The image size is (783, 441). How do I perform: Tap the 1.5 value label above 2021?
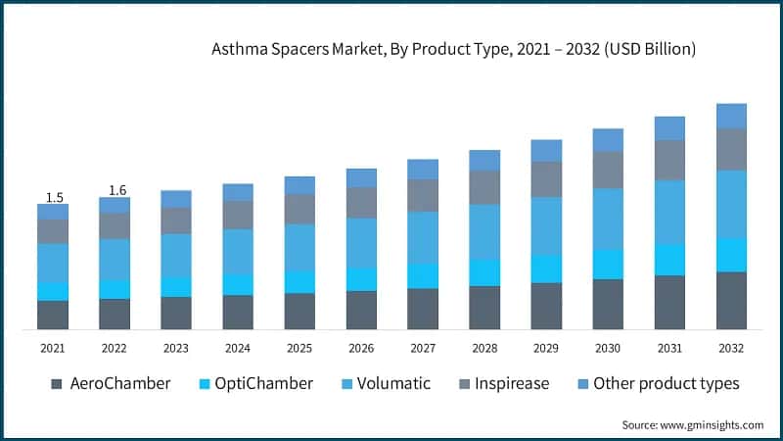[54, 197]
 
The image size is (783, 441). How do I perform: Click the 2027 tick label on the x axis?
[423, 348]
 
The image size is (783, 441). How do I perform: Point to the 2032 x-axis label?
[731, 348]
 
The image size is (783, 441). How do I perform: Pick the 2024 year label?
[238, 348]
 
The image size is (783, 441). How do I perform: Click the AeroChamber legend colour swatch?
[56, 383]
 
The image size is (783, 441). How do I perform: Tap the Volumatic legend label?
[395, 383]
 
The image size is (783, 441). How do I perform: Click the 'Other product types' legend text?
[666, 383]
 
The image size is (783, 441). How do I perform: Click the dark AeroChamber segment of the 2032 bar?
[731, 300]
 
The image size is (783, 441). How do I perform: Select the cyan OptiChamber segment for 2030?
[608, 265]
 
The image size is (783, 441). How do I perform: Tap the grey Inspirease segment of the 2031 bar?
[669, 160]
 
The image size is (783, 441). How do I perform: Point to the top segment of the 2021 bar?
[54, 212]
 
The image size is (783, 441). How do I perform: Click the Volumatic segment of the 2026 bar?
[361, 243]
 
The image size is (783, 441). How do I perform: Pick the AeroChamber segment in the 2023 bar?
[176, 313]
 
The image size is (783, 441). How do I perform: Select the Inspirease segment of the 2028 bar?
[484, 187]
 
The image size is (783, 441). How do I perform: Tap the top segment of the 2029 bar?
[546, 150]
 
